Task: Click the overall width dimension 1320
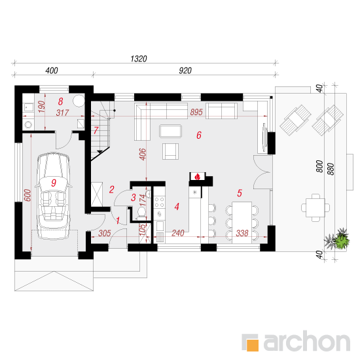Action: click(139, 59)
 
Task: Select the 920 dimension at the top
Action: click(185, 71)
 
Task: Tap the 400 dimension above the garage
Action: click(52, 71)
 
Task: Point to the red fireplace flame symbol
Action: click(197, 177)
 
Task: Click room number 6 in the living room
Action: click(199, 135)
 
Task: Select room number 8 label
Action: click(61, 101)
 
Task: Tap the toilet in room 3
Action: click(141, 211)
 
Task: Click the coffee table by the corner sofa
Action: click(171, 131)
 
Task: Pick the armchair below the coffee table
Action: click(170, 151)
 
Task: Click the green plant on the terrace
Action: click(342, 240)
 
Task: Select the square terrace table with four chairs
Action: click(315, 207)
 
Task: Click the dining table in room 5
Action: click(242, 223)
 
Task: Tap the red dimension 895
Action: click(196, 112)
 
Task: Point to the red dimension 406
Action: click(143, 154)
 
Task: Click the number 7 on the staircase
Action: click(96, 131)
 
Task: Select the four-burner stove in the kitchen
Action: click(159, 202)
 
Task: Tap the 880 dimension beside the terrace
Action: click(331, 169)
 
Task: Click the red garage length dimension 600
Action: click(27, 195)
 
